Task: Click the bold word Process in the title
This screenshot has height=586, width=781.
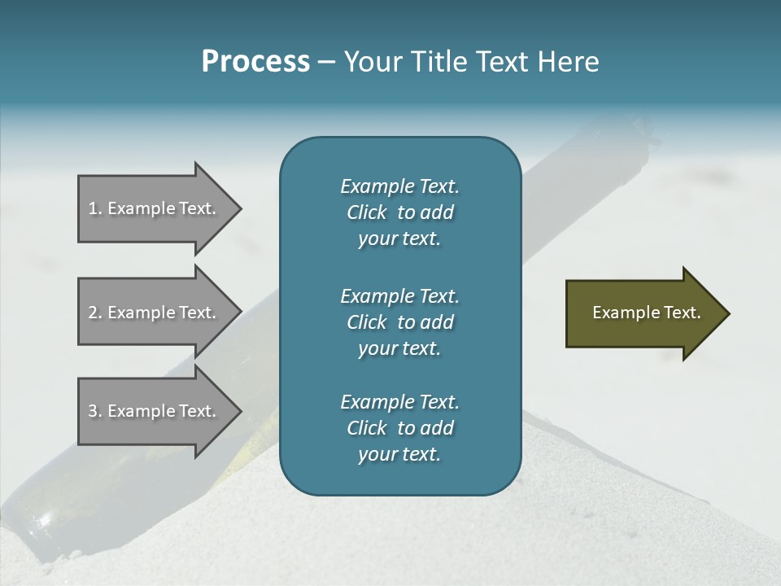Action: [255, 62]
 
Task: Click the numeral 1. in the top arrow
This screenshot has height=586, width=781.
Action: [95, 208]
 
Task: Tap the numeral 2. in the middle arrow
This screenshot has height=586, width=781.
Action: [95, 313]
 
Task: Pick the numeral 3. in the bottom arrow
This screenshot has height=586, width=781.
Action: [95, 411]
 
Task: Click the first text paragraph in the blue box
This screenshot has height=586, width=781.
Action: [399, 212]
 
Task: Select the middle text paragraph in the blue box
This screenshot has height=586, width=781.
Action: [399, 322]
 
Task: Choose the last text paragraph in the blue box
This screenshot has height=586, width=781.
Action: [399, 428]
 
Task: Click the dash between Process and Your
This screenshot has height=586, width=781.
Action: [327, 63]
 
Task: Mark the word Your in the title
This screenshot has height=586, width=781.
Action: [372, 62]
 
